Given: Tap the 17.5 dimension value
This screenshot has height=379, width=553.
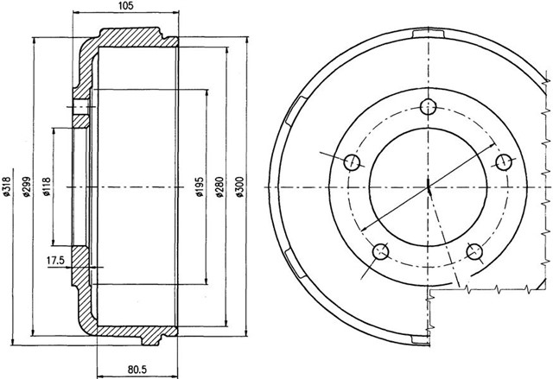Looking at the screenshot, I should pos(56,260).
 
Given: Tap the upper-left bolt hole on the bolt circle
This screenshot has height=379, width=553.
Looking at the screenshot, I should pos(353,161).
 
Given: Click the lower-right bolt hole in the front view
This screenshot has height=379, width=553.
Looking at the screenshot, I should pos(474,252).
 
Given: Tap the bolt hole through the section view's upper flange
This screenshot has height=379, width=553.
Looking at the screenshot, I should pos(80,109).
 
